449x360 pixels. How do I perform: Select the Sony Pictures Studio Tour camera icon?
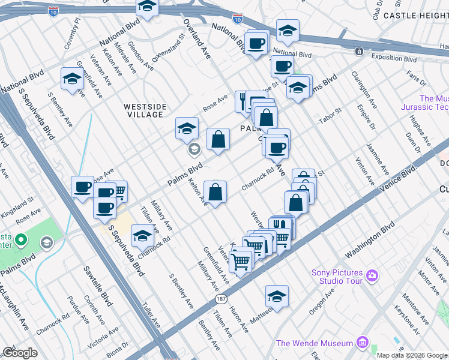(x=373, y=276)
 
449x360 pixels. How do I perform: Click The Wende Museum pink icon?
(x=362, y=343)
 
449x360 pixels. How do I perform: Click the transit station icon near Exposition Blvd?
(x=358, y=52)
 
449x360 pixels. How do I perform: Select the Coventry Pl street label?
(x=73, y=31)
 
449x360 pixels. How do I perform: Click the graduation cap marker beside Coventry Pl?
(x=73, y=79)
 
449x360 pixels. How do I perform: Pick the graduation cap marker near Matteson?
(x=277, y=296)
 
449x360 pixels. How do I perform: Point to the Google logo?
(x=20, y=353)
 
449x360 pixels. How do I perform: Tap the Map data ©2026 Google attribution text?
(x=412, y=355)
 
